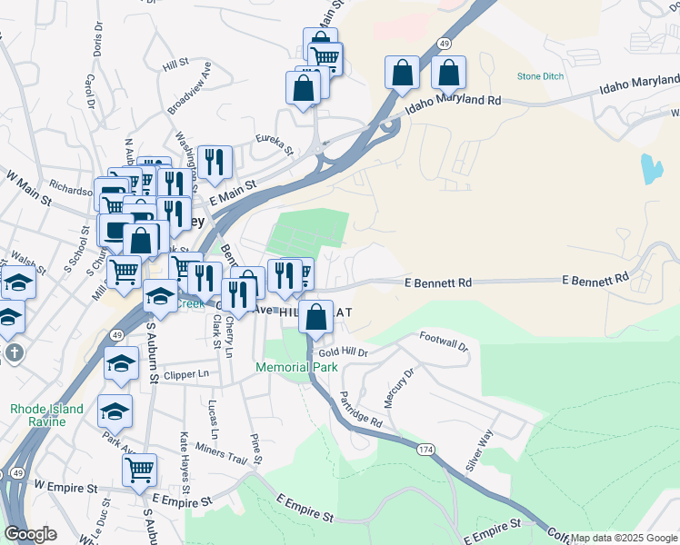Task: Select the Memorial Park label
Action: point(296,367)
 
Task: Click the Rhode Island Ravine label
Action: point(46,415)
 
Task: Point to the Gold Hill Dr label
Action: point(343,352)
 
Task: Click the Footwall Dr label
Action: point(443,342)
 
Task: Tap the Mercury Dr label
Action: point(397,384)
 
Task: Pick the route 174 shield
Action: point(425,450)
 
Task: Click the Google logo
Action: point(30,534)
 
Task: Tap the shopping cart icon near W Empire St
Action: point(139,470)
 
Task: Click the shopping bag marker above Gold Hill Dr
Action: point(315,318)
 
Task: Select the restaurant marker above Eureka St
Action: point(215,163)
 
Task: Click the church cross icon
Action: point(13,352)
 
